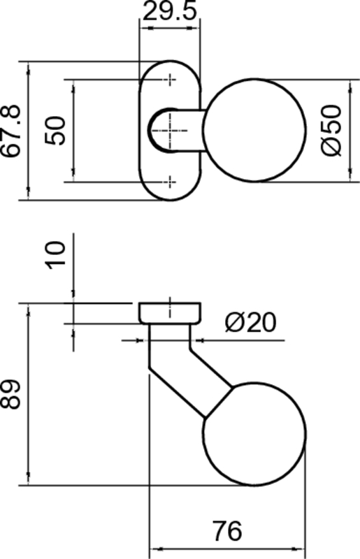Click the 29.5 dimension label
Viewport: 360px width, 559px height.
pyautogui.click(x=169, y=11)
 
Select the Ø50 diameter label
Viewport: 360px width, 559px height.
pyautogui.click(x=331, y=130)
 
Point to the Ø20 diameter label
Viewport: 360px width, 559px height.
pyautogui.click(x=250, y=322)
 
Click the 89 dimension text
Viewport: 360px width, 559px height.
pyautogui.click(x=10, y=394)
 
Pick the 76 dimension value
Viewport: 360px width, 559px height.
pyautogui.click(x=228, y=531)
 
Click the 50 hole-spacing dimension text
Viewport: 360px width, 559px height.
pyautogui.click(x=56, y=130)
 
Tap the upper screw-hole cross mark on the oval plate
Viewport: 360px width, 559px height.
pyautogui.click(x=171, y=80)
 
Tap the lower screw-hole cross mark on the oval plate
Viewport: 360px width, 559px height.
pyautogui.click(x=171, y=182)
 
